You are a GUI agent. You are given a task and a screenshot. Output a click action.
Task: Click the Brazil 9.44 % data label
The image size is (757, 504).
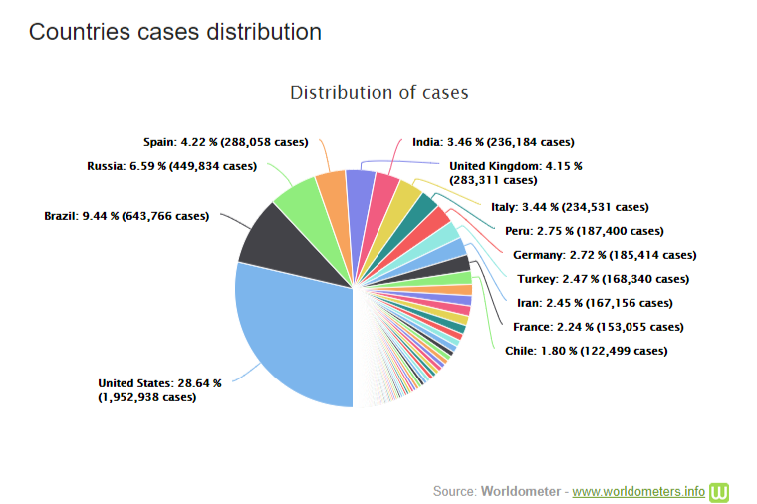[x=126, y=215]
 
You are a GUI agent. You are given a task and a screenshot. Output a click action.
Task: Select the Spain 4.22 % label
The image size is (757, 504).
[x=224, y=142]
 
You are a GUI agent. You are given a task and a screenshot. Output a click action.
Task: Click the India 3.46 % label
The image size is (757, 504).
[x=493, y=142]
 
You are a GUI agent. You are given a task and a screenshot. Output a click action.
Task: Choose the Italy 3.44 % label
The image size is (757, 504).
[x=570, y=207]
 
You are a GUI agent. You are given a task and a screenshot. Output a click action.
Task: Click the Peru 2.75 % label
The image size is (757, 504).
[x=584, y=231]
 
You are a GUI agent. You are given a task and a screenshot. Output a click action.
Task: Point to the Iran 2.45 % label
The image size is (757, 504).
[x=593, y=303]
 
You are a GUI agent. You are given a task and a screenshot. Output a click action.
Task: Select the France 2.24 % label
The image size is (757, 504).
[x=598, y=327]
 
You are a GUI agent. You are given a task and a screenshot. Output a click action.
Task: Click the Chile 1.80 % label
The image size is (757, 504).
[x=587, y=351]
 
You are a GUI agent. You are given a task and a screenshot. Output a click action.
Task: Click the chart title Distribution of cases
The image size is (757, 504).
[x=378, y=93]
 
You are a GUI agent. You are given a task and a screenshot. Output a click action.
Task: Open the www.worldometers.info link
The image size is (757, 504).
[x=638, y=491]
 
